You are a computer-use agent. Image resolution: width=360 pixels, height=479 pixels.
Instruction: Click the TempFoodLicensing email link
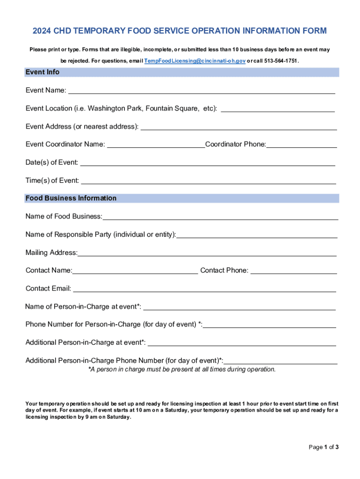[x=195, y=61]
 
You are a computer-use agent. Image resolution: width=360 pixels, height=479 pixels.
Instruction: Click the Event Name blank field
[x=202, y=90]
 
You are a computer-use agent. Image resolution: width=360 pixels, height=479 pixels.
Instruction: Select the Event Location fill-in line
[x=277, y=109]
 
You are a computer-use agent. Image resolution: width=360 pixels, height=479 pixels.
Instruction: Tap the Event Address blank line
[x=238, y=126]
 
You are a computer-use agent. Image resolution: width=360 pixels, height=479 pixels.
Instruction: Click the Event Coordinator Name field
[x=156, y=145]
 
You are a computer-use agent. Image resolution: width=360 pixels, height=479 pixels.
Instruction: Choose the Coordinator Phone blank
[x=302, y=145]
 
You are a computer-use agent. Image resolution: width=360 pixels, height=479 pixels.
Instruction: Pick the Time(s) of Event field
[x=208, y=181]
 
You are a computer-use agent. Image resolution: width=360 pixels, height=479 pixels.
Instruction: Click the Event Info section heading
[x=43, y=72]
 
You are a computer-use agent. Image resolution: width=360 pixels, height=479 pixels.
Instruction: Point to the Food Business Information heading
[x=71, y=198]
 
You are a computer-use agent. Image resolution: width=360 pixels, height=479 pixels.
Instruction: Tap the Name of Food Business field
[x=220, y=217]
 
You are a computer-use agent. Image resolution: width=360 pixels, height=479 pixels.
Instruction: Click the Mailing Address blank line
[x=207, y=253]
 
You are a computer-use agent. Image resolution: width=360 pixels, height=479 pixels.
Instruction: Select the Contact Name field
[x=135, y=270]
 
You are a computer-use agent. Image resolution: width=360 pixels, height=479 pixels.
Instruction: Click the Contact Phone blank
[x=294, y=270]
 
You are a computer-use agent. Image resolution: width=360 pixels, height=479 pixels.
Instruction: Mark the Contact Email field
[x=204, y=289]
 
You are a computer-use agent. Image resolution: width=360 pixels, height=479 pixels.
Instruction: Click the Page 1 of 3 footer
[x=324, y=447]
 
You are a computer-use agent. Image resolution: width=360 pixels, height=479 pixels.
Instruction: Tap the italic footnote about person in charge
[x=182, y=370]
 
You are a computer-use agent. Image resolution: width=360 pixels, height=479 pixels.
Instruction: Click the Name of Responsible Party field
[x=257, y=235]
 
